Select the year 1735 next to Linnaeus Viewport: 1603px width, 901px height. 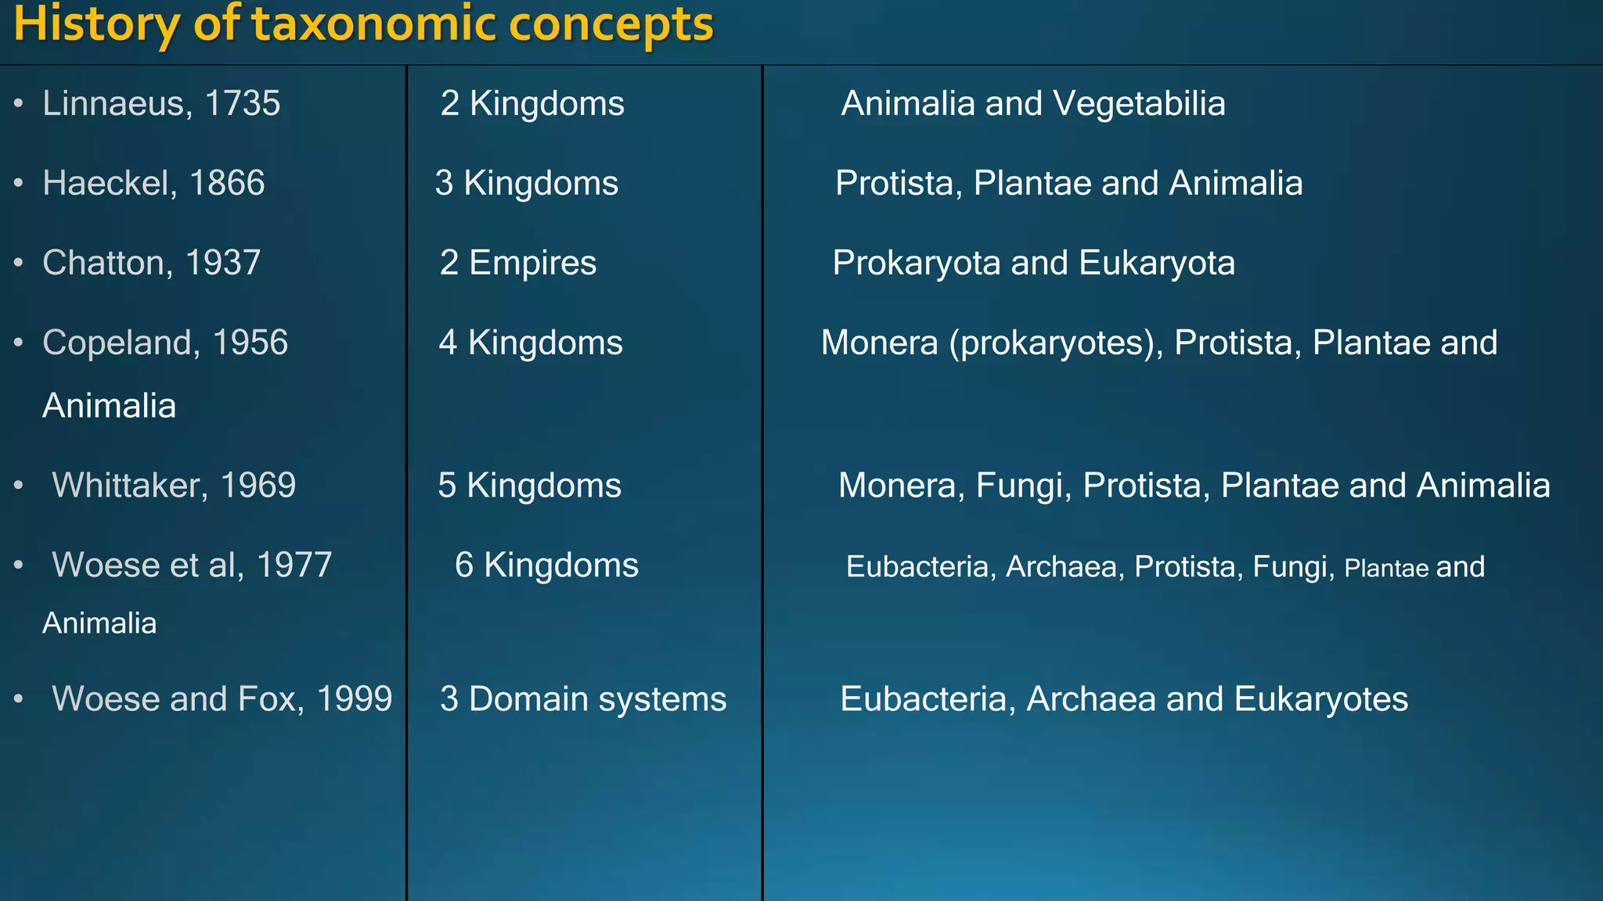tap(242, 104)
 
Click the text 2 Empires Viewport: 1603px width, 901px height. tap(517, 264)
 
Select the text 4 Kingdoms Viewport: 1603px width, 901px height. tap(530, 343)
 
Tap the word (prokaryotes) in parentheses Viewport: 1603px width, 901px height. tap(1056, 343)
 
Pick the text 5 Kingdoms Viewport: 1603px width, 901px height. tap(529, 486)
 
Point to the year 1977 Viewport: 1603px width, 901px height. tap(294, 565)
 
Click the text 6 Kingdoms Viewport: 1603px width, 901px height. tap(546, 565)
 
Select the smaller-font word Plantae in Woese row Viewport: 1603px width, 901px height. tap(1386, 569)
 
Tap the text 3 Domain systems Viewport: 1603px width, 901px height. tap(583, 699)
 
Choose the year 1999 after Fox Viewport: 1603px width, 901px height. tap(354, 699)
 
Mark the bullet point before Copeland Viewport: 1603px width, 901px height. tap(19, 343)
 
